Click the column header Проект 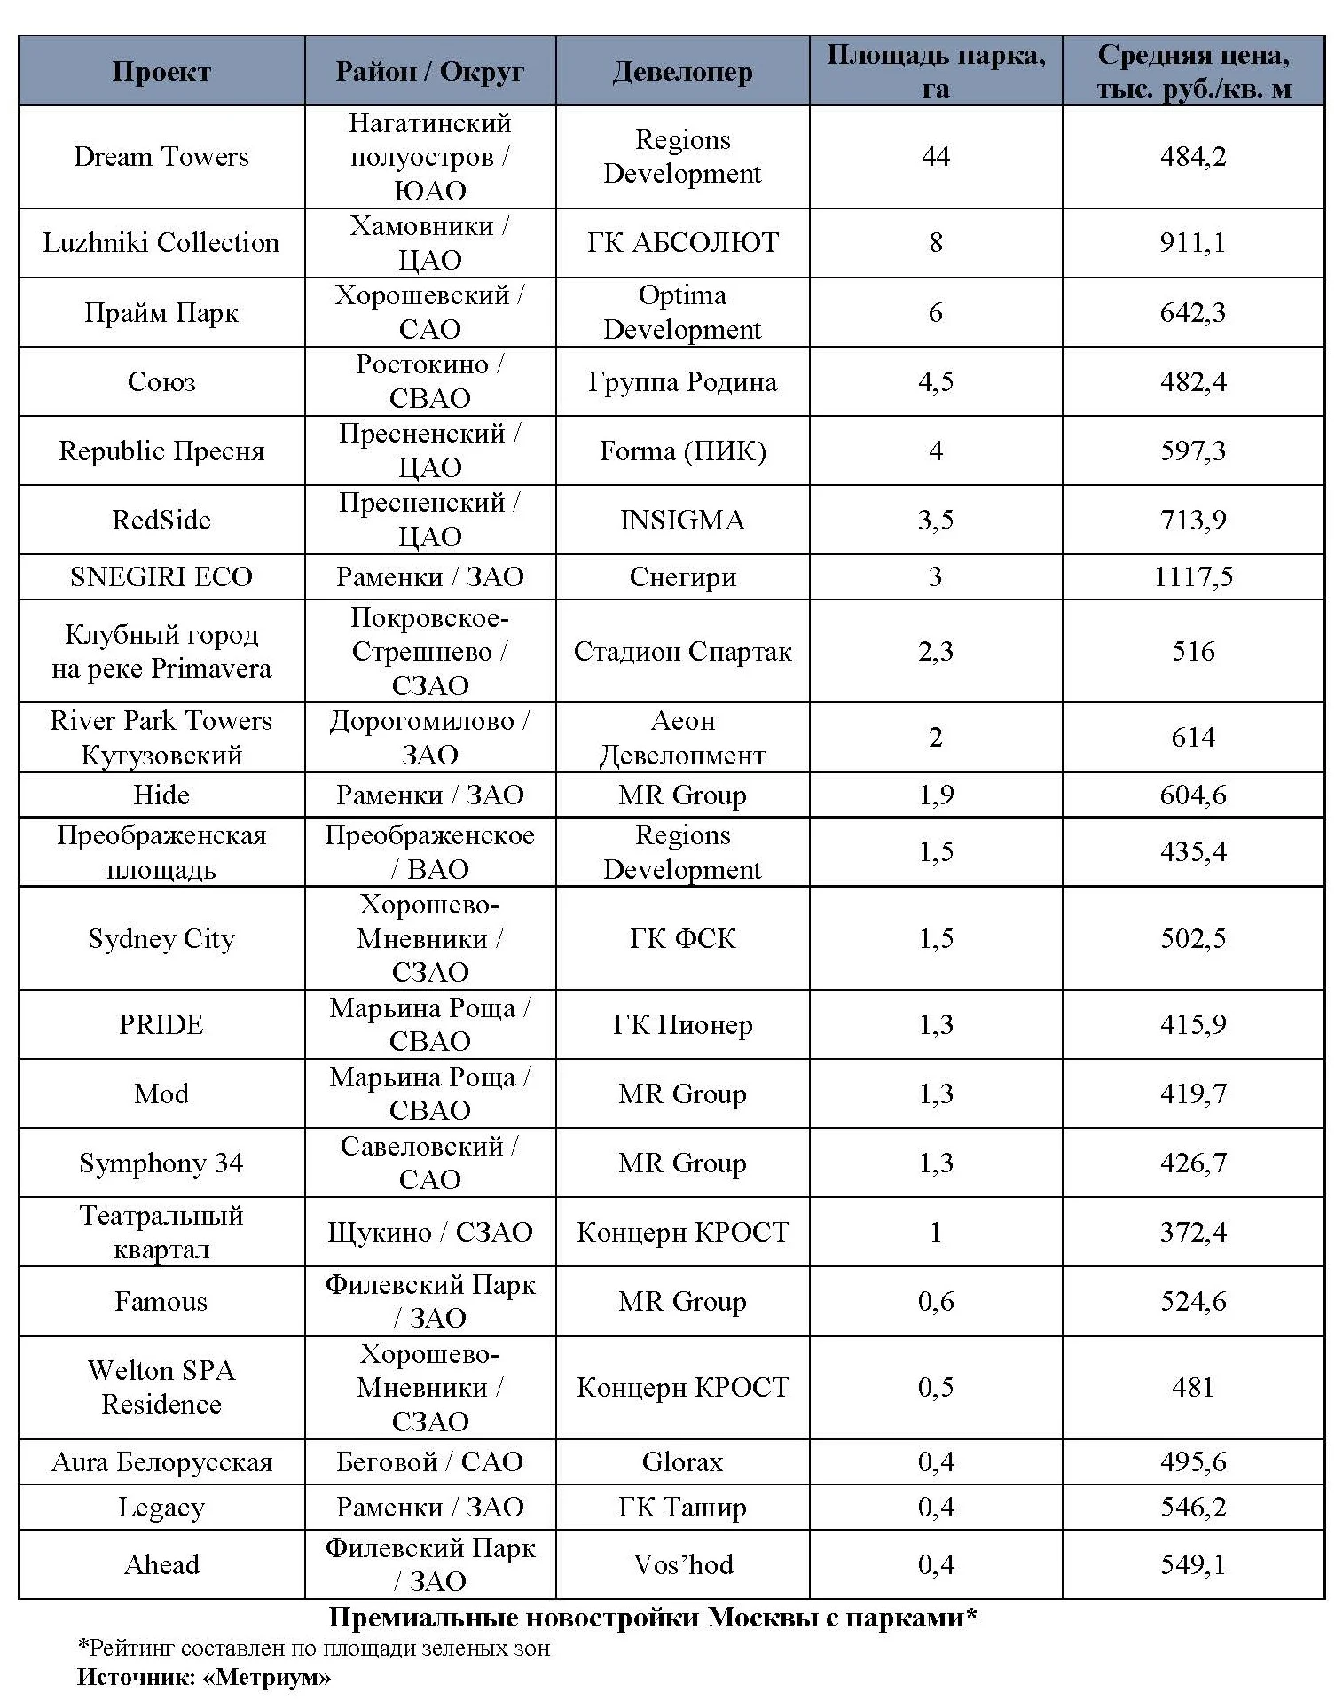point(161,72)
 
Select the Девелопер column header point(682,72)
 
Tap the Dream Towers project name point(161,157)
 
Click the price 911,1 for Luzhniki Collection point(1193,243)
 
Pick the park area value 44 point(935,157)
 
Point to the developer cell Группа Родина point(682,382)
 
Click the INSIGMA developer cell point(682,520)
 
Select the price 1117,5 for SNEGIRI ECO point(1193,577)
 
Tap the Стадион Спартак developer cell point(682,652)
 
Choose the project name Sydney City point(161,938)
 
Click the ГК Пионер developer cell point(682,1024)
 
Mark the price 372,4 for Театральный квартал point(1193,1232)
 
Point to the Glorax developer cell point(682,1461)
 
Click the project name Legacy point(161,1508)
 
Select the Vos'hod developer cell point(682,1564)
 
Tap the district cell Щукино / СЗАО point(429,1232)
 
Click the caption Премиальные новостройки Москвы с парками point(652,1618)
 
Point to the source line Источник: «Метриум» point(204,1677)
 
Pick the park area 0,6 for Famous point(935,1301)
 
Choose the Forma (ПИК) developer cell point(682,451)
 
